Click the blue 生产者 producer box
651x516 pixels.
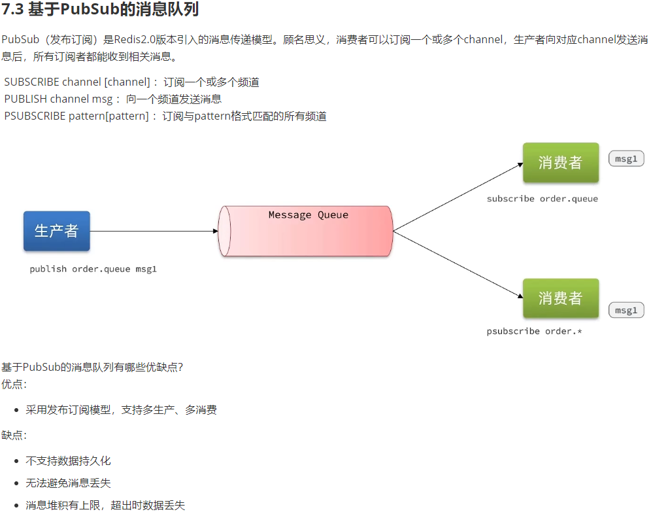[x=56, y=231]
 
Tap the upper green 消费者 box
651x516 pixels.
[x=560, y=163]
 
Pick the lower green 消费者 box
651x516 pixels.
[x=560, y=298]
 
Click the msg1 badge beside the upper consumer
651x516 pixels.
[x=626, y=159]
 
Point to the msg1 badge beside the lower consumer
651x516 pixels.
[x=626, y=310]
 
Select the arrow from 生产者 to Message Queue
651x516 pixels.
[x=154, y=231]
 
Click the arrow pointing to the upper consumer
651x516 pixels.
[x=458, y=197]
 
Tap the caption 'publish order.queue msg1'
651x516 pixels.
[x=93, y=269]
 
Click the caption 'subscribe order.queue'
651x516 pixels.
[x=542, y=199]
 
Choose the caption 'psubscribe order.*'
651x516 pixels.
[x=534, y=332]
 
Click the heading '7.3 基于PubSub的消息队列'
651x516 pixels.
[x=100, y=10]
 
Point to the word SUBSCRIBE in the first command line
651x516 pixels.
[x=31, y=82]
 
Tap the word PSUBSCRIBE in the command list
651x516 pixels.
[x=35, y=116]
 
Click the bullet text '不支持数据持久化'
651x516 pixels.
[x=68, y=461]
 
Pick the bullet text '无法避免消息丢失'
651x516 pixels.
[x=68, y=483]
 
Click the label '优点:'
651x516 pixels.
[x=14, y=385]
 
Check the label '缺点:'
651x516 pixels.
[x=14, y=436]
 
